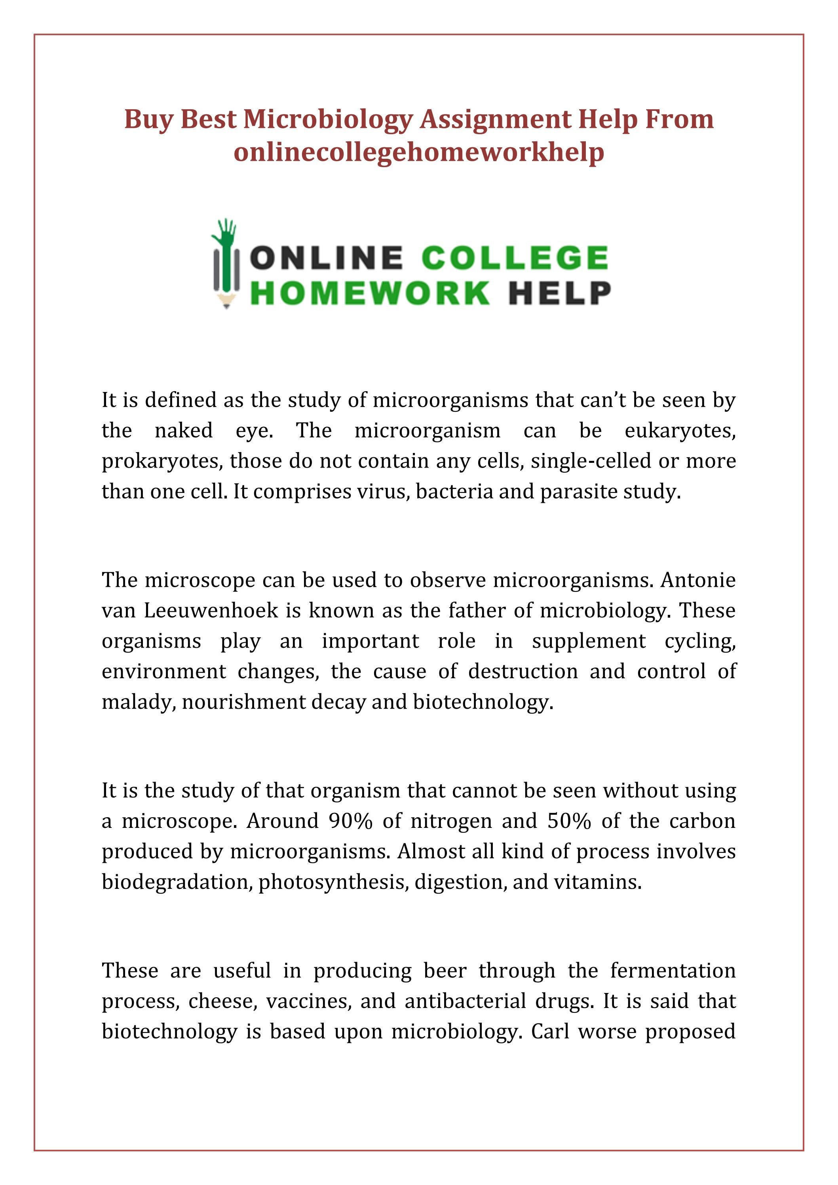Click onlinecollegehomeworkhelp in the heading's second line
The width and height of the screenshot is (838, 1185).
coord(418,153)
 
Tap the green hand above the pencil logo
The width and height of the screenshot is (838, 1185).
coord(226,231)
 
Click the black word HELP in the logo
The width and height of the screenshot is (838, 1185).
coord(559,293)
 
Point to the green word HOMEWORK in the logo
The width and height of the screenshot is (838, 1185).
coord(372,293)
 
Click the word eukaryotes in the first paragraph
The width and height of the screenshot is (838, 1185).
coord(680,430)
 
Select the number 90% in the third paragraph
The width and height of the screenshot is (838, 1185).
coord(350,821)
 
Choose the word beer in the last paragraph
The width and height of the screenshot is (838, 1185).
coord(445,971)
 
